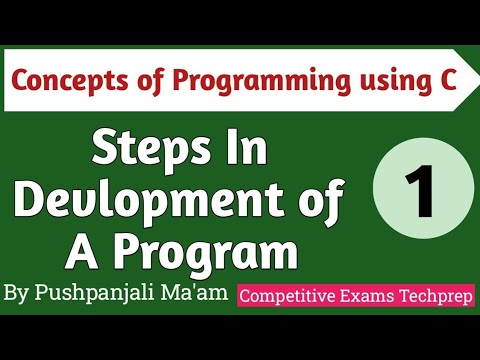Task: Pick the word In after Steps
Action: (244, 150)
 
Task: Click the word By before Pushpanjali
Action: (19, 294)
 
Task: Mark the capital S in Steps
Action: (103, 150)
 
